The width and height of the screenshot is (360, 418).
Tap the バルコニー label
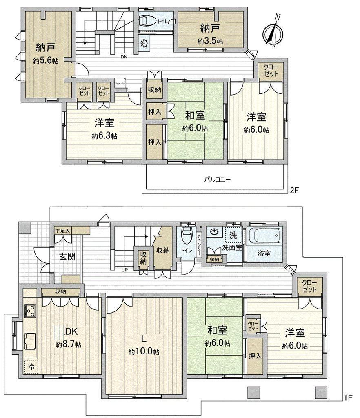[218, 180]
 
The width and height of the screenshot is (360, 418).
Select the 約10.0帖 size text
[144, 352]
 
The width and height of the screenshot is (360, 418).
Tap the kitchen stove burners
[30, 311]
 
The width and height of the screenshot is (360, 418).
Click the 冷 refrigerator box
[31, 367]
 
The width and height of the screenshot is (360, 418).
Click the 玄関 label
[67, 257]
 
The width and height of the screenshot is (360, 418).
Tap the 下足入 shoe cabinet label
[62, 231]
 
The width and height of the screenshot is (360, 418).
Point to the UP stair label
[124, 270]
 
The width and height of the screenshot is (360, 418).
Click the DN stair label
[124, 56]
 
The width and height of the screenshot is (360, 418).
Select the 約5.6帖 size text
[46, 61]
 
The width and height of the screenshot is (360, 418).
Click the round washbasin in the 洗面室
[214, 232]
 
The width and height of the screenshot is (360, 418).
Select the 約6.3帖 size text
[104, 136]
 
